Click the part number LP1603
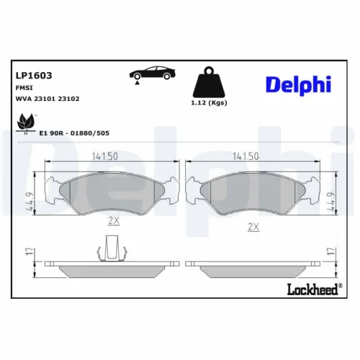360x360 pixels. pyautogui.click(x=33, y=74)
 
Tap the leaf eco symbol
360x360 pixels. pyautogui.click(x=27, y=122)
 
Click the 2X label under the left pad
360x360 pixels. pyautogui.click(x=112, y=220)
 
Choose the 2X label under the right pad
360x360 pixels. pyautogui.click(x=253, y=227)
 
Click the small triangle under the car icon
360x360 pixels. pyautogui.click(x=135, y=84)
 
